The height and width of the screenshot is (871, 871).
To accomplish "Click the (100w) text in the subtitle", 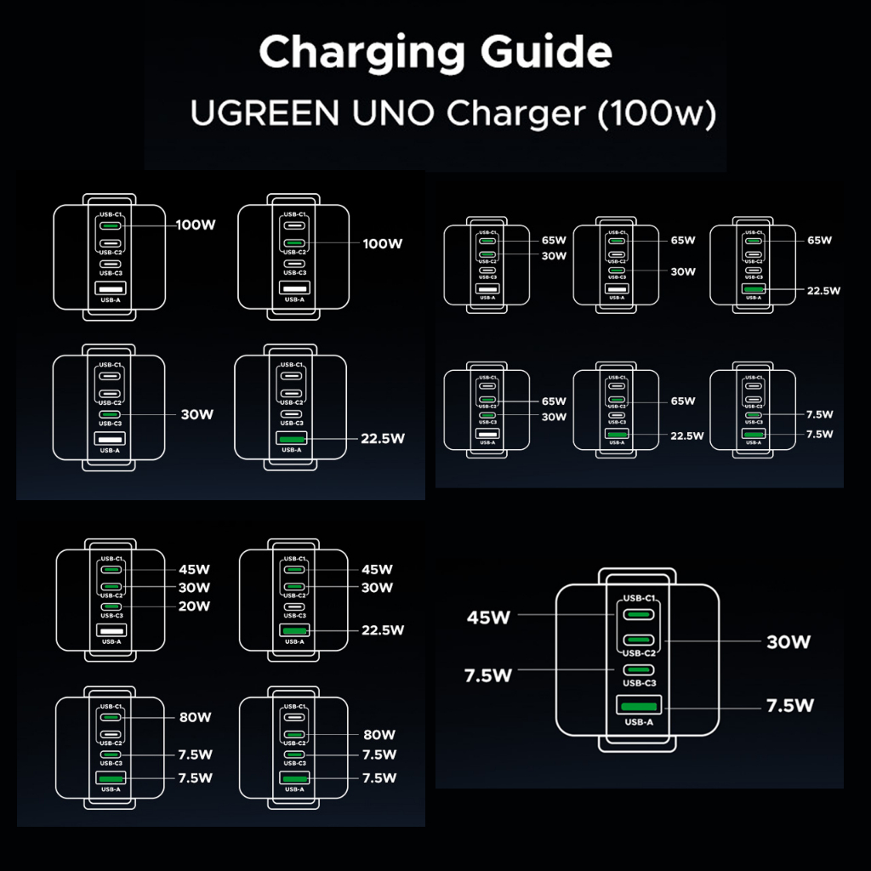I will pyautogui.click(x=655, y=114).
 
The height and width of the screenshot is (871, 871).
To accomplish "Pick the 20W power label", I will pyautogui.click(x=194, y=606).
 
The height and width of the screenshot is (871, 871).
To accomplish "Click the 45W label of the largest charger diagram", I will pyautogui.click(x=487, y=618).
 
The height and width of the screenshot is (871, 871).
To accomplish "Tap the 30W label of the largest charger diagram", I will pyautogui.click(x=788, y=642).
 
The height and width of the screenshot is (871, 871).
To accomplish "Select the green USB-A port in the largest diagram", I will pyautogui.click(x=635, y=706).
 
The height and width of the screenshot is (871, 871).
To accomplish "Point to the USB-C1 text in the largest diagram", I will pyautogui.click(x=639, y=599).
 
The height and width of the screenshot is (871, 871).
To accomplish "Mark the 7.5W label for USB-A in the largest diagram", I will pyautogui.click(x=790, y=706).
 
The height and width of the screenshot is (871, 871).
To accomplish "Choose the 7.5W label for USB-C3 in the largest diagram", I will pyautogui.click(x=488, y=676).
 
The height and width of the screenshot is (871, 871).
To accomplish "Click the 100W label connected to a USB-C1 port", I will pyautogui.click(x=195, y=225).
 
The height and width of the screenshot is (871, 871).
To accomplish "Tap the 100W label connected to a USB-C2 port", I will pyautogui.click(x=382, y=244).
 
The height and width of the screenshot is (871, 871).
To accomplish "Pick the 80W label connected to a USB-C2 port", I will pyautogui.click(x=379, y=734).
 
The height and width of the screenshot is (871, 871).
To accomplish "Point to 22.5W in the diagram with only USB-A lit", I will pyautogui.click(x=381, y=439).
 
